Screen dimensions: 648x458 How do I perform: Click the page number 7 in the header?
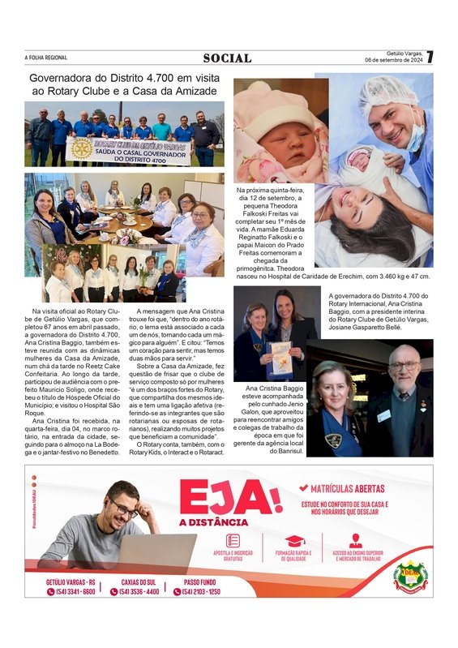(430, 58)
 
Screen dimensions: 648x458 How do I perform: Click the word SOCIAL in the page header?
(228, 58)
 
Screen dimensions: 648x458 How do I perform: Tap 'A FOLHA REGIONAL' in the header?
(46, 58)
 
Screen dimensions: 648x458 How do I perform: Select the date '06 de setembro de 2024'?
(394, 60)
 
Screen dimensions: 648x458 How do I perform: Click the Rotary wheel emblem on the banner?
(81, 148)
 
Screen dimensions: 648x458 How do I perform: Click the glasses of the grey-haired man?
(404, 366)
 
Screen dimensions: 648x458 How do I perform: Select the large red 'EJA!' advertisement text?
(230, 496)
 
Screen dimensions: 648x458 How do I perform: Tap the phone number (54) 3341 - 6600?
(71, 591)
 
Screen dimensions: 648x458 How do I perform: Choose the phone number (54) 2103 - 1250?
(200, 591)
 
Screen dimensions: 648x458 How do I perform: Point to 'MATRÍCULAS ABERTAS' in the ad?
(353, 488)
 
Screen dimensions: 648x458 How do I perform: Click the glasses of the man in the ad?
(125, 509)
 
